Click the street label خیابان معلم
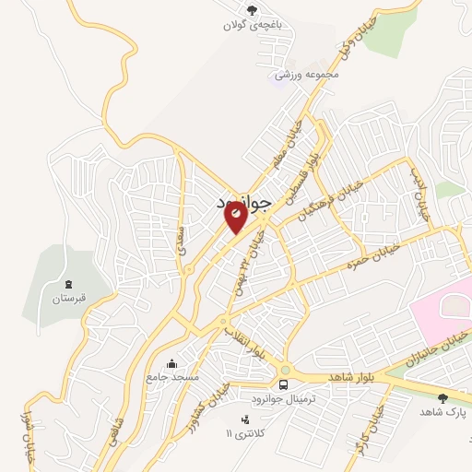(283, 146)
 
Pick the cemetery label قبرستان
(68, 298)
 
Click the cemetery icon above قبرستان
(68, 282)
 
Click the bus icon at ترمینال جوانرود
(283, 383)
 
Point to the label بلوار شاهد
(340, 377)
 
